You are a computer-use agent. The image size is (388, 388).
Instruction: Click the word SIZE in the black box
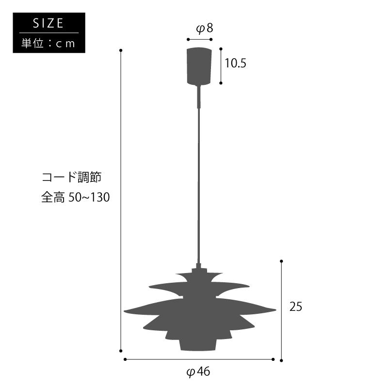[x=48, y=23]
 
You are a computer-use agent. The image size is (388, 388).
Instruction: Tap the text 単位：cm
[x=48, y=43]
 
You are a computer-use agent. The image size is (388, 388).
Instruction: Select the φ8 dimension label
[x=204, y=29]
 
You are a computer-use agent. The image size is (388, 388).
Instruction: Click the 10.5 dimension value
[x=235, y=63]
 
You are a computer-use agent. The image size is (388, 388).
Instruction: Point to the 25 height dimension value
[x=296, y=307]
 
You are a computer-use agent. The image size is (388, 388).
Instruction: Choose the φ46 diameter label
[x=198, y=372]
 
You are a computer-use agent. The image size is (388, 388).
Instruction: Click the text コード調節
[x=71, y=177]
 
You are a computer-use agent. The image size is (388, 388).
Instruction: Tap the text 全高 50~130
[x=76, y=197]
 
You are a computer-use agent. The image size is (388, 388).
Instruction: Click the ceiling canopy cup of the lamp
[x=199, y=66]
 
